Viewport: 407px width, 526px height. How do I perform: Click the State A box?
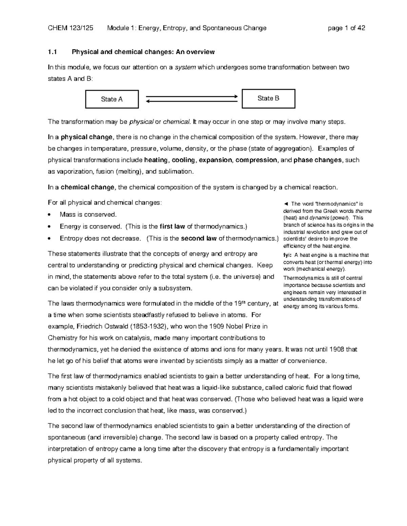(x=112, y=99)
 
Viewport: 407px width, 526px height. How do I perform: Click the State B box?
(x=268, y=99)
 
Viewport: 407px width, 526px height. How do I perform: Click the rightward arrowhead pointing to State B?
(x=235, y=97)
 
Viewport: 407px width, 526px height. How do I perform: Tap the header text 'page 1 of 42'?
(x=346, y=28)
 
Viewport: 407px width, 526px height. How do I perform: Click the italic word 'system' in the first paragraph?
(x=185, y=67)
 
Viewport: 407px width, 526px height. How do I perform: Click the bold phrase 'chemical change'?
(x=88, y=187)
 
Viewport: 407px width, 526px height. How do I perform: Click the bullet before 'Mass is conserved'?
(x=50, y=215)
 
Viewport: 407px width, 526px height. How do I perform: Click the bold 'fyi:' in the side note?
(x=288, y=255)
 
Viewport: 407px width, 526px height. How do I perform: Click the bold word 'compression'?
(x=256, y=160)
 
